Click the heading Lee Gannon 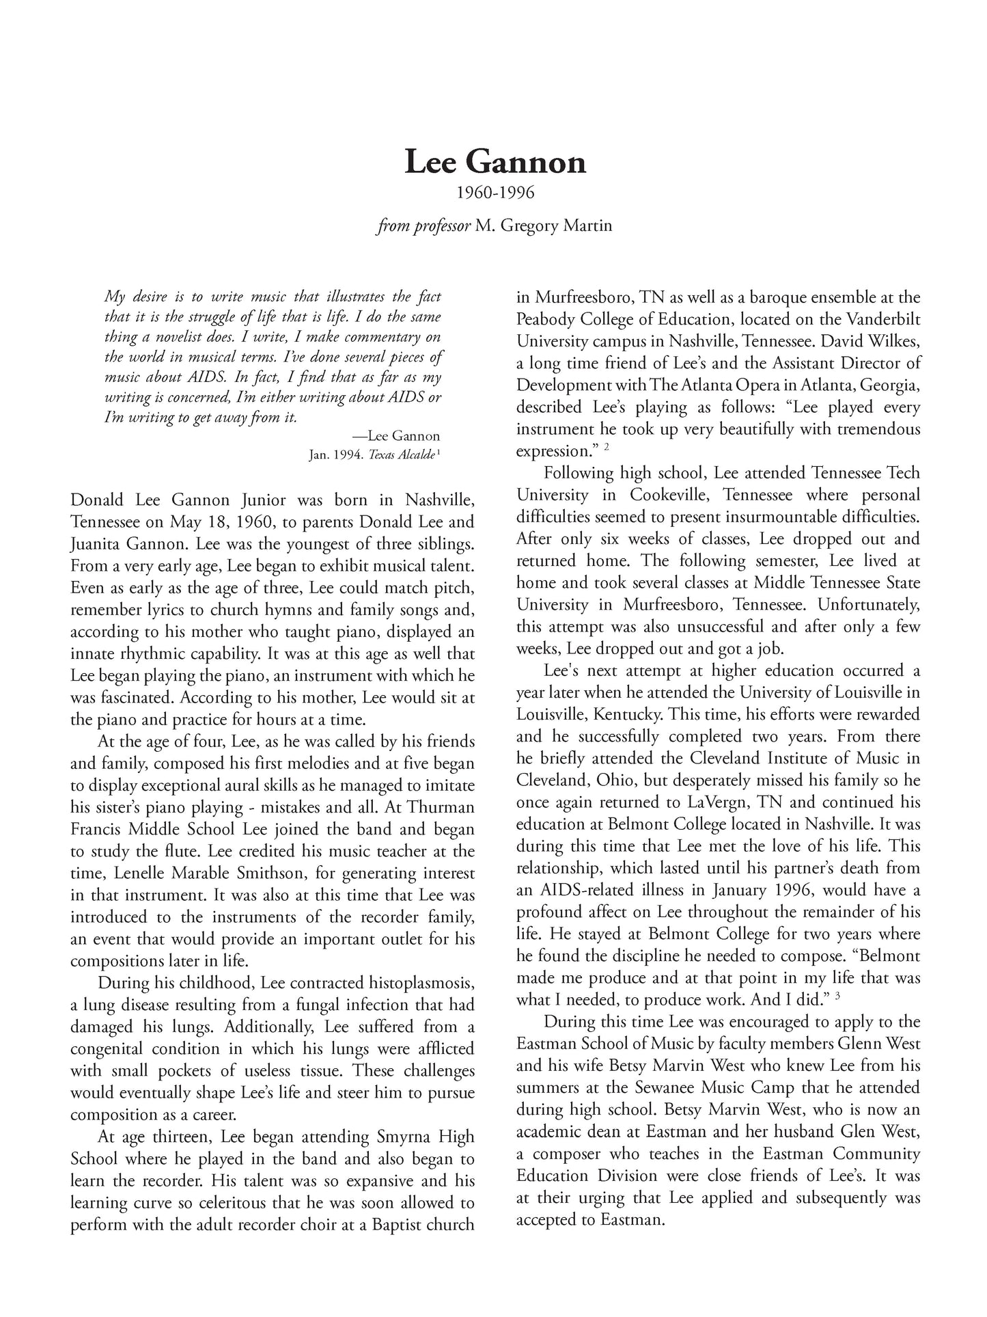(x=495, y=163)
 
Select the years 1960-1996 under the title (x=495, y=193)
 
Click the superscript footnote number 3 (x=837, y=996)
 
